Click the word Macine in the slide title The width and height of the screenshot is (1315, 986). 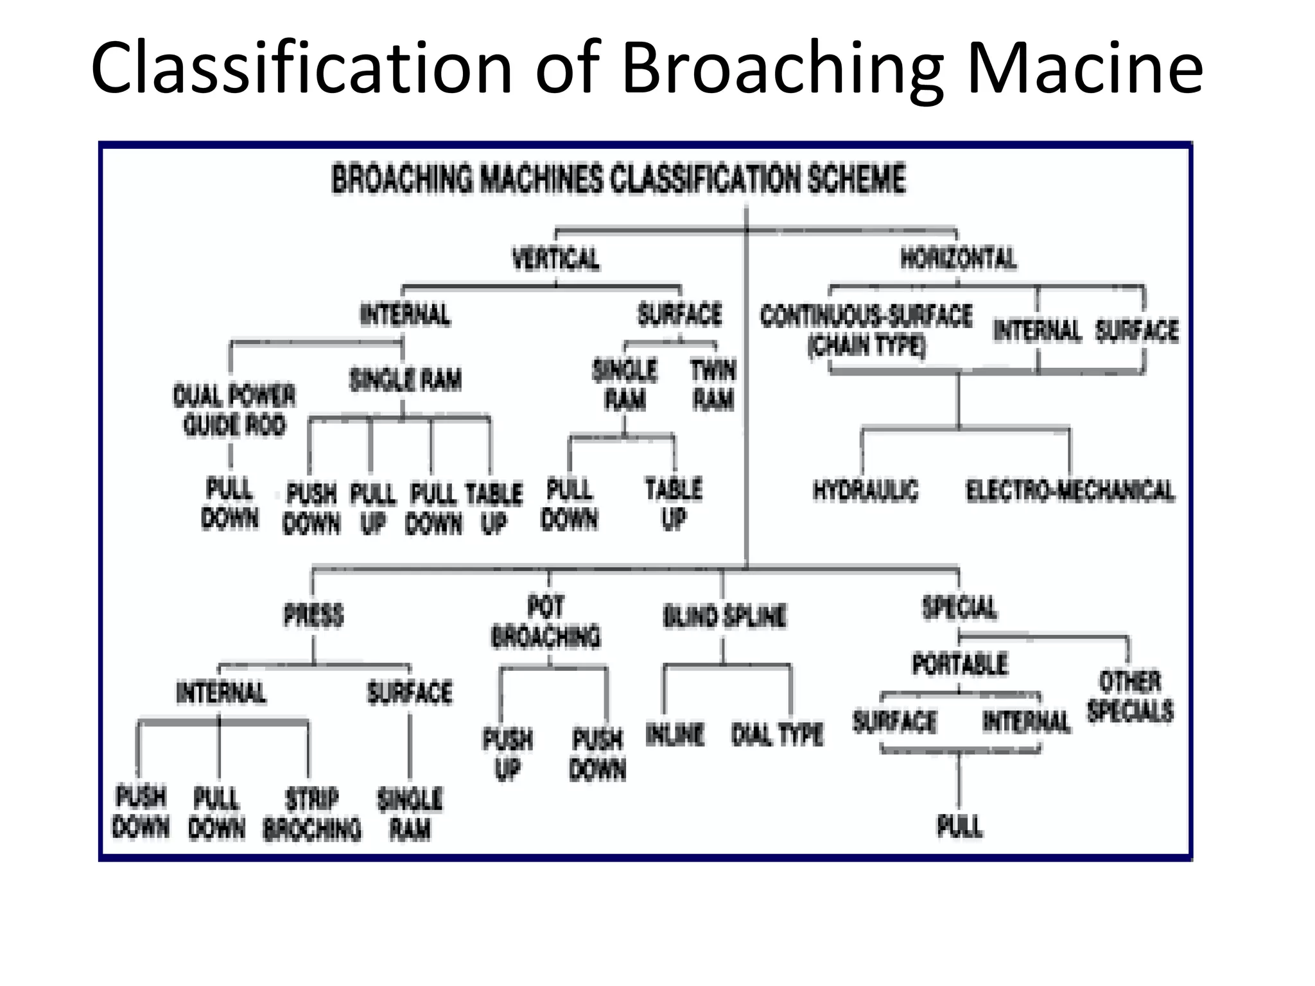click(1085, 67)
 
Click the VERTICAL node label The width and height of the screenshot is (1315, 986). click(556, 259)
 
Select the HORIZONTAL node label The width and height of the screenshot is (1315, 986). click(958, 258)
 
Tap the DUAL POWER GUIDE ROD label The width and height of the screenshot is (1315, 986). click(234, 410)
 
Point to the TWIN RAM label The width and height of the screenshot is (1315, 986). click(713, 385)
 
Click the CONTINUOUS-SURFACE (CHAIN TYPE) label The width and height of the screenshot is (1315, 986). click(866, 331)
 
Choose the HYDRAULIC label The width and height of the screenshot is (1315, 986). click(866, 490)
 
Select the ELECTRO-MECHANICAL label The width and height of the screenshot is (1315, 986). click(1070, 491)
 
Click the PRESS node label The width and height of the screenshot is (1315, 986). click(313, 615)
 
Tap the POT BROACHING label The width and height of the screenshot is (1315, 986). click(546, 622)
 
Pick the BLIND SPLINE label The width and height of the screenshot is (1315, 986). click(724, 616)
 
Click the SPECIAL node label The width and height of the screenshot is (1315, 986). click(959, 607)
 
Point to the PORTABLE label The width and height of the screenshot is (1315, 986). click(960, 664)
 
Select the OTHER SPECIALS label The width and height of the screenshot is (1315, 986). click(1130, 696)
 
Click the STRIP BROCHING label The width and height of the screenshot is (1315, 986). click(312, 814)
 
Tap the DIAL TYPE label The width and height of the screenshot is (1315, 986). click(777, 734)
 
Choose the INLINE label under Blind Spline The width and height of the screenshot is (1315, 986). click(675, 734)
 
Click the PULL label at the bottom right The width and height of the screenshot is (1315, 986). click(959, 826)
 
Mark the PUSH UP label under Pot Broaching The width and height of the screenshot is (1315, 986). click(507, 754)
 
